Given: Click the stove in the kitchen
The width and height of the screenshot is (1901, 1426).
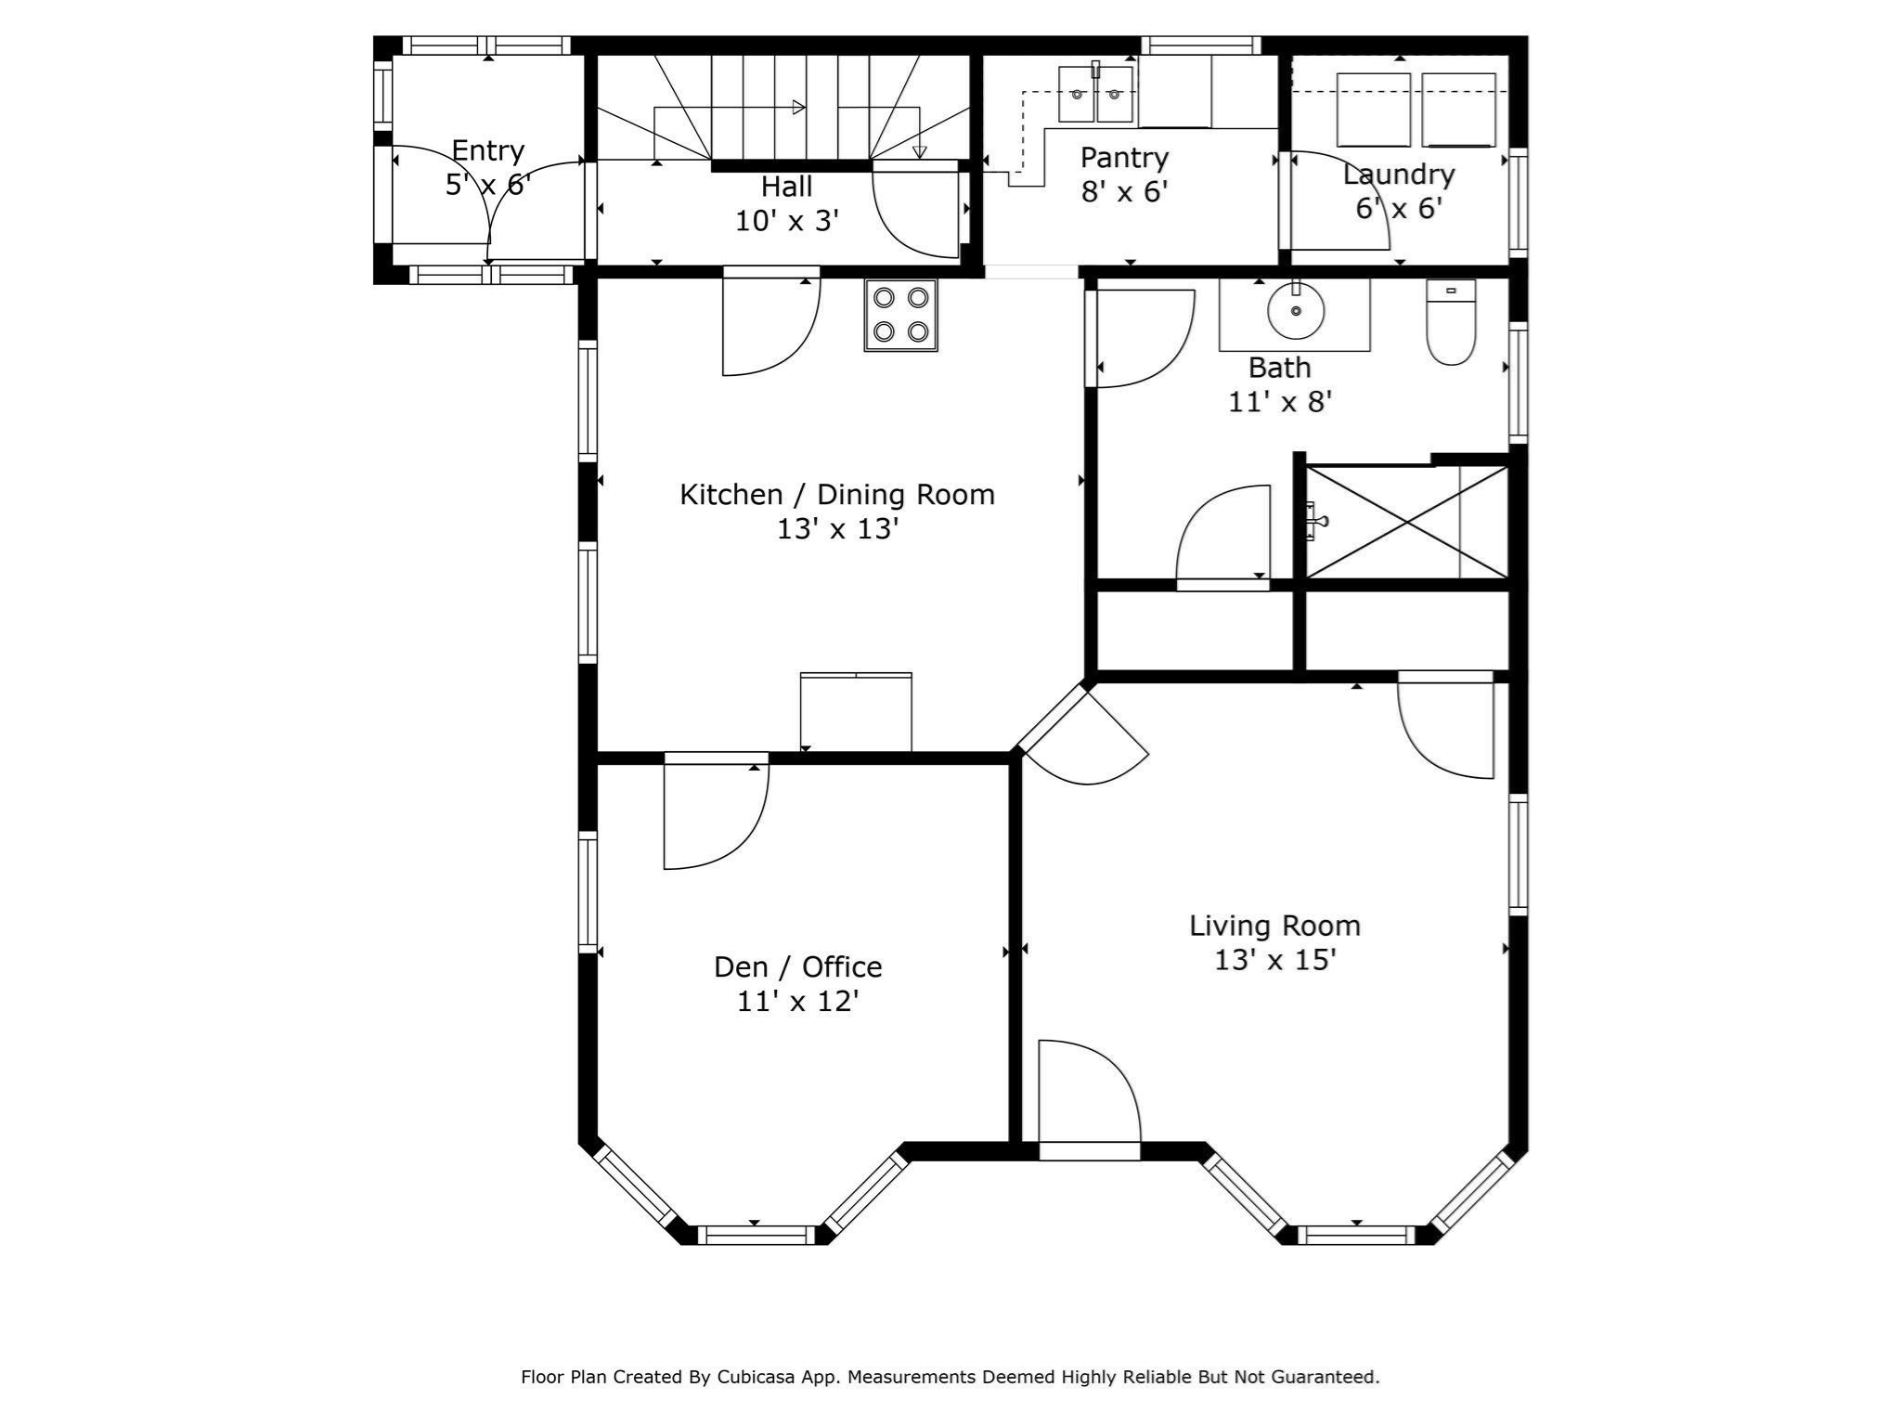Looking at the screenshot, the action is [x=900, y=315].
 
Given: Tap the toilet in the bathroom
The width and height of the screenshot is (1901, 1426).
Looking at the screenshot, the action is [x=1451, y=322].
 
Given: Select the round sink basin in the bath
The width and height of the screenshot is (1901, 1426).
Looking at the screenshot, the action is [x=1296, y=312].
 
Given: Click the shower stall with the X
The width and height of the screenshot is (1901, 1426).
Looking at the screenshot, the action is [x=1406, y=522].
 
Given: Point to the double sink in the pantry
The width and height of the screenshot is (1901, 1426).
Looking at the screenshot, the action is [x=1096, y=94].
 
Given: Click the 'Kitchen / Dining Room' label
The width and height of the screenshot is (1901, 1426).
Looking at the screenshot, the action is [x=837, y=494].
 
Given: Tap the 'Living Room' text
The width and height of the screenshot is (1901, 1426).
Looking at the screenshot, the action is [x=1274, y=925].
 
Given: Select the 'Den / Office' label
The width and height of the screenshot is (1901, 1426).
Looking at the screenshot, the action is [x=797, y=966].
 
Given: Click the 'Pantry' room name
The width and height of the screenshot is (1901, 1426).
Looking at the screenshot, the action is [x=1124, y=157].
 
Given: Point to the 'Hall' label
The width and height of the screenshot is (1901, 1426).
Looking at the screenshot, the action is [x=786, y=187].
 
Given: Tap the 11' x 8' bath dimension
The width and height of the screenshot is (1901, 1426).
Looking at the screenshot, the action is [x=1280, y=402].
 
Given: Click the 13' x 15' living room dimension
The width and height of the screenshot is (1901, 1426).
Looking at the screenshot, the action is [x=1274, y=959].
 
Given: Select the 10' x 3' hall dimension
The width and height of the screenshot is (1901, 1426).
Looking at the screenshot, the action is [x=787, y=221].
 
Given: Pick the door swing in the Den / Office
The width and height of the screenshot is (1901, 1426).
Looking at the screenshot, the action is [x=716, y=810].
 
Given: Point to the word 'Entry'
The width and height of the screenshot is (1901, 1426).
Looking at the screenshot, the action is [x=487, y=150].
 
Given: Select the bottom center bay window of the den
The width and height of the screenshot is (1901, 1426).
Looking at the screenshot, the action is [x=756, y=1235].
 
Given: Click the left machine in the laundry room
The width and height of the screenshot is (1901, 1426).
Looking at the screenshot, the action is [x=1373, y=110].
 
